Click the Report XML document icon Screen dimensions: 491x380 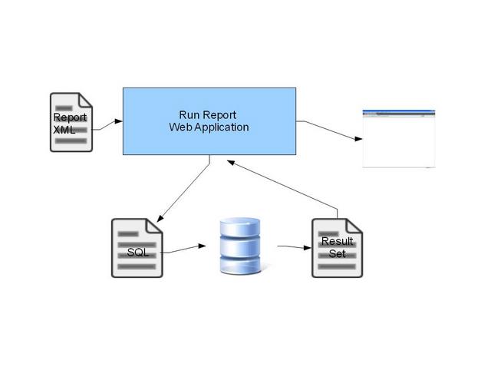point(71,122)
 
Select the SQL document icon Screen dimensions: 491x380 point(137,248)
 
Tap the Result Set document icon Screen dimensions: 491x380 point(338,248)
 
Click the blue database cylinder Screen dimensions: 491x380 point(240,246)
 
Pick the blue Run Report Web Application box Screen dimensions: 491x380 point(209,121)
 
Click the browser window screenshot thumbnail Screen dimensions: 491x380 point(399,138)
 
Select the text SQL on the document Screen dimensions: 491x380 point(138,253)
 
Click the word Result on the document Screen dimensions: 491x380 point(338,241)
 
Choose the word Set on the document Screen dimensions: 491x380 point(338,253)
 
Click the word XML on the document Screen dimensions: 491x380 point(64,130)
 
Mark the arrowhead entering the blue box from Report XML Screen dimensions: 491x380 point(119,121)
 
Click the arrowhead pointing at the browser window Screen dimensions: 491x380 point(358,138)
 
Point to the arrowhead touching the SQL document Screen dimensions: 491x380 point(160,219)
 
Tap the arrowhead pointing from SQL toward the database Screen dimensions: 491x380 point(203,246)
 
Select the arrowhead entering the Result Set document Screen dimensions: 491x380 point(308,248)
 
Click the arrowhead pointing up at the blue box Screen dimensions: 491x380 point(231,163)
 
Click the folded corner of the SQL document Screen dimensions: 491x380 point(155,226)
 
